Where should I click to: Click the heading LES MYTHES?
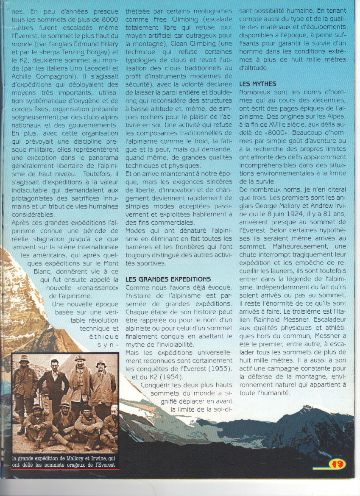(x=258, y=84)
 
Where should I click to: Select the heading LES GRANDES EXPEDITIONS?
(x=168, y=279)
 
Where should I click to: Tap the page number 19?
(x=337, y=464)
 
